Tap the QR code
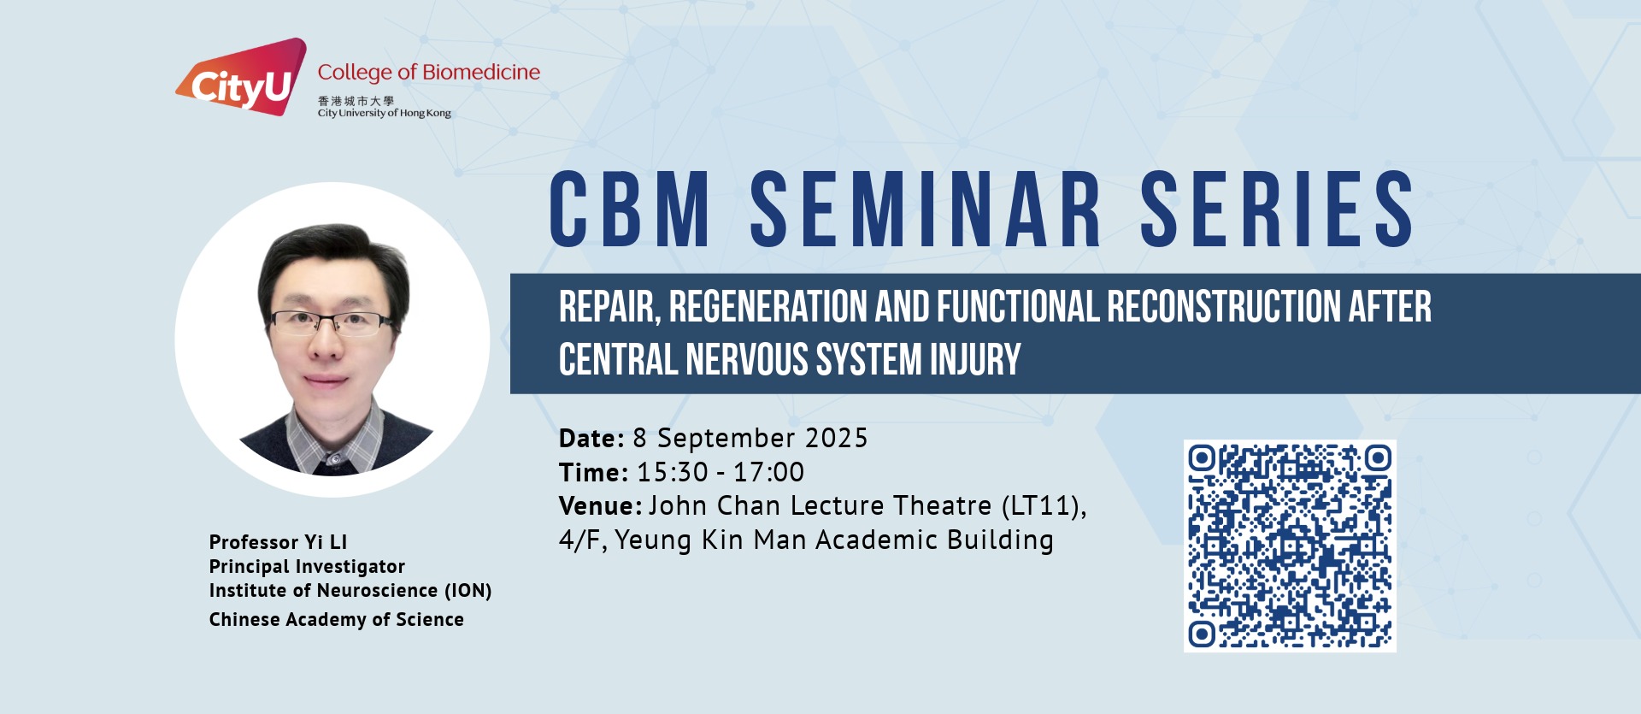pyautogui.click(x=1290, y=546)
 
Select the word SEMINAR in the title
pyautogui.click(x=926, y=209)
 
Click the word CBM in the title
pyautogui.click(x=630, y=209)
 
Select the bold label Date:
pyautogui.click(x=591, y=439)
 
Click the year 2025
pyautogui.click(x=837, y=439)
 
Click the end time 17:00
pyautogui.click(x=768, y=472)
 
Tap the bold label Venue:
pyautogui.click(x=600, y=506)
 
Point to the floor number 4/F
pyautogui.click(x=583, y=540)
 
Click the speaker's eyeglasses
pyautogui.click(x=332, y=322)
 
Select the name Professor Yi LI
pyautogui.click(x=278, y=542)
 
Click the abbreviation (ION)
pyautogui.click(x=468, y=591)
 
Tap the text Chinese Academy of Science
pyautogui.click(x=337, y=620)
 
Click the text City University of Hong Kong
pyautogui.click(x=385, y=113)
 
